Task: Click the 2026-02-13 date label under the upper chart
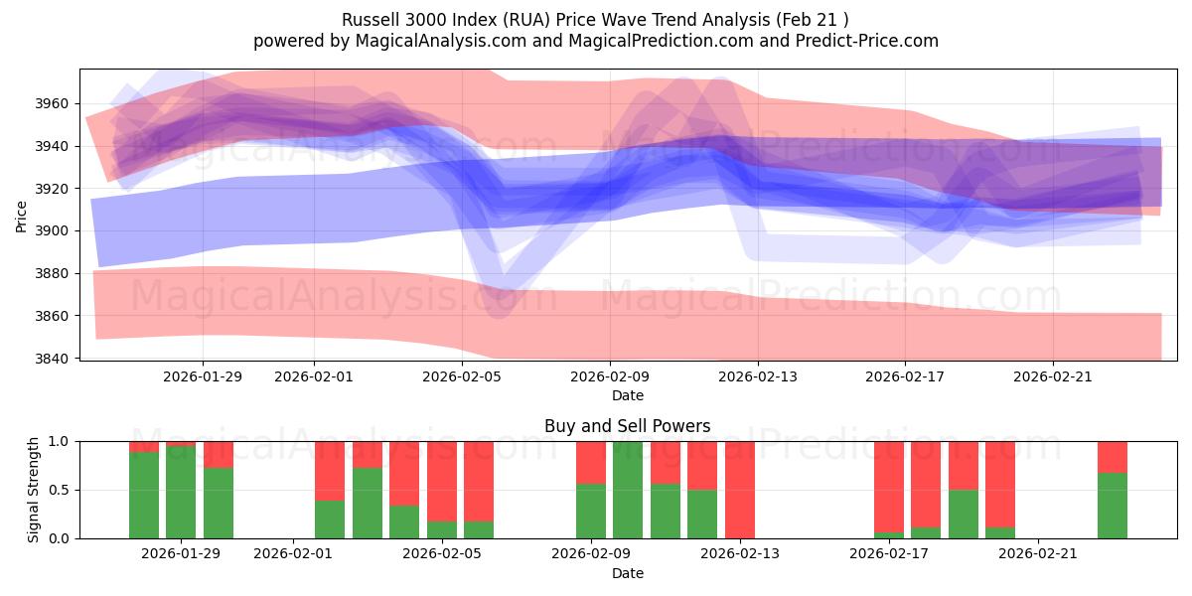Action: (758, 376)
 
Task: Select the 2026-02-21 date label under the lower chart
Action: (1037, 554)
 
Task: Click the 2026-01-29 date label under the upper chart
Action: (203, 376)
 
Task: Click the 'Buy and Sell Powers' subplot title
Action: (627, 426)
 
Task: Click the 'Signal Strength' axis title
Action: (34, 490)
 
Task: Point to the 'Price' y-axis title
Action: (21, 215)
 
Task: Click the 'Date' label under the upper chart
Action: (627, 395)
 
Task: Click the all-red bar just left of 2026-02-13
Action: (740, 490)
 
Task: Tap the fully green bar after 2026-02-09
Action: (628, 490)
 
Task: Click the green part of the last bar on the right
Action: (1113, 507)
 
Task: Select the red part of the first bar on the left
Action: (144, 447)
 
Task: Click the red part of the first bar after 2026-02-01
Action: (330, 470)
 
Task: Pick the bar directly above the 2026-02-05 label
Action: (442, 490)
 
